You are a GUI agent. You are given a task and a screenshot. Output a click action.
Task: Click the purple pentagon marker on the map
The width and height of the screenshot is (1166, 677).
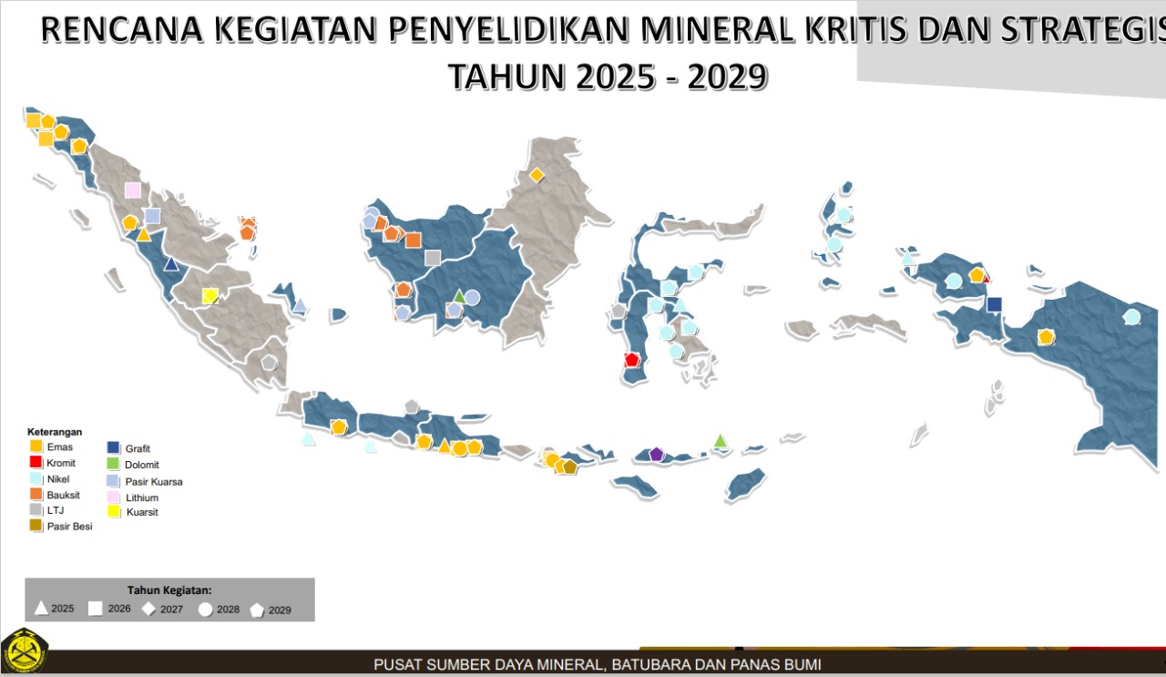point(657,454)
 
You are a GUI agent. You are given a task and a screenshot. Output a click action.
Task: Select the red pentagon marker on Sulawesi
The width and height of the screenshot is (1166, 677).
point(632,359)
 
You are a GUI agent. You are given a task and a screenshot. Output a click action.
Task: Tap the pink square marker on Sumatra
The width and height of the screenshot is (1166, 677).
point(133,190)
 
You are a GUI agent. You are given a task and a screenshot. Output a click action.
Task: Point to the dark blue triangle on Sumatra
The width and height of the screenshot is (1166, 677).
point(170,264)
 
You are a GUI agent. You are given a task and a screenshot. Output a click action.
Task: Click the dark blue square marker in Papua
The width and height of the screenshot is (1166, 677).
point(994,304)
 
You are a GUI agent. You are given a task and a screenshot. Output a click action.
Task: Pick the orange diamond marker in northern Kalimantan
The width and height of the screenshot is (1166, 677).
point(537,174)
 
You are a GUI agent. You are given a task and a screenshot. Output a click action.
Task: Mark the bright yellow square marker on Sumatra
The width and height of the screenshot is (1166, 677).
point(210,296)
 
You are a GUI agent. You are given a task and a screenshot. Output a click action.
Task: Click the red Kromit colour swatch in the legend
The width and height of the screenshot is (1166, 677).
point(36,463)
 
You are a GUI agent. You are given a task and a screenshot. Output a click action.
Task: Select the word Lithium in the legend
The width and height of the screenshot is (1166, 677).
point(142,498)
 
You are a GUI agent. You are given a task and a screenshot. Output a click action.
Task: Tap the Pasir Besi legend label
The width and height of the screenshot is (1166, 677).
point(69,527)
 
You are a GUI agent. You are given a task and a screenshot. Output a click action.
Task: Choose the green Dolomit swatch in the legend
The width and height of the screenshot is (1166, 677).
point(114,465)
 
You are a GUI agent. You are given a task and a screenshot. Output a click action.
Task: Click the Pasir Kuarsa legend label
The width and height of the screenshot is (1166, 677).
point(154,481)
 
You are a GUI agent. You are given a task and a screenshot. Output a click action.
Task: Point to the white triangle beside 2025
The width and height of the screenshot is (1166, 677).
point(41,608)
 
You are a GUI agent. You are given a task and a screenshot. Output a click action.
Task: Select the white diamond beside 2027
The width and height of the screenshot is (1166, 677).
point(148,609)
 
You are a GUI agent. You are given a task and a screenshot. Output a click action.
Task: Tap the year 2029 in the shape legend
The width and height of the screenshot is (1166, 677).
point(280,610)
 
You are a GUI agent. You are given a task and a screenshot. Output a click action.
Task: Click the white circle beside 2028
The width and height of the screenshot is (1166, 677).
point(205,609)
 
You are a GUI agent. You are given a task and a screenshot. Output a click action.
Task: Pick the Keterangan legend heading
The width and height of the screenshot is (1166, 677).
point(55,432)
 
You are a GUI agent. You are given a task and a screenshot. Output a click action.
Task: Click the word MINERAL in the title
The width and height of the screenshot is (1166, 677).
point(707,31)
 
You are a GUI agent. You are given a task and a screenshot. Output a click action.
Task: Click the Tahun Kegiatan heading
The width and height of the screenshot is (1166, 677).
point(169,590)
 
